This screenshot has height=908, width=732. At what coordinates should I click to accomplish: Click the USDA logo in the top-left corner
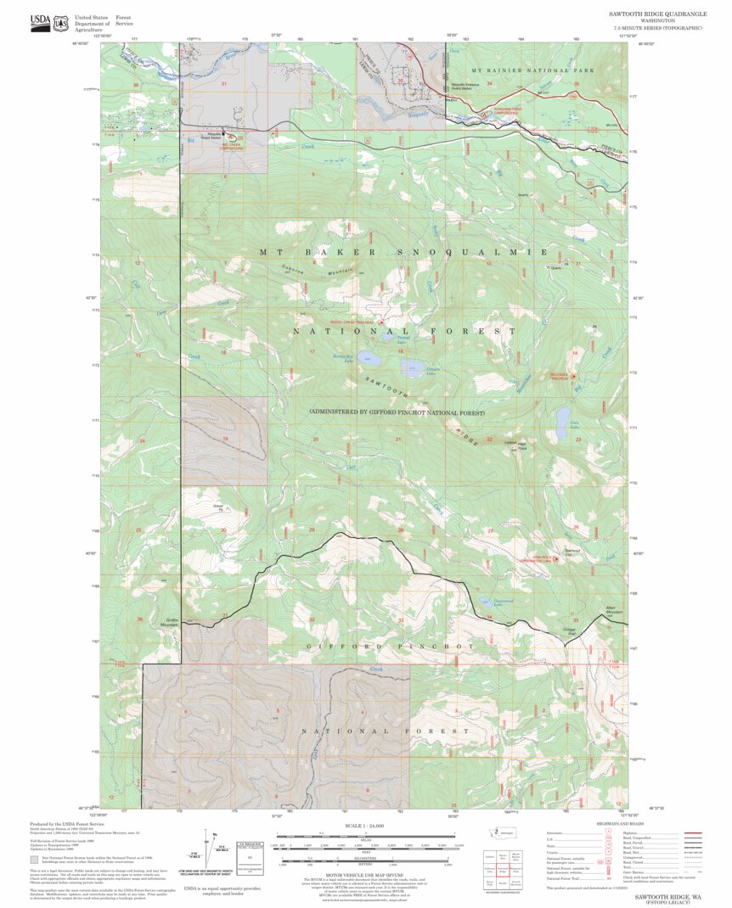[39, 23]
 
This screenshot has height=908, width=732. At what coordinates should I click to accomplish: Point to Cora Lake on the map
[562, 418]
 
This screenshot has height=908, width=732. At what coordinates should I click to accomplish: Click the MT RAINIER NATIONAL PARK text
[532, 69]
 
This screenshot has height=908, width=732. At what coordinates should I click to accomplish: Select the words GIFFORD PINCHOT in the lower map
[391, 647]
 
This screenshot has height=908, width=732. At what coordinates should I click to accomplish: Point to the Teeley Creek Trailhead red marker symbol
[381, 322]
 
